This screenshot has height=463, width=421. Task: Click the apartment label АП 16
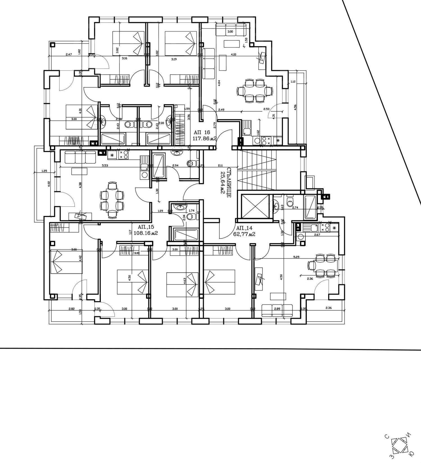pos(202,132)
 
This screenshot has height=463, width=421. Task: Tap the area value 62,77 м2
pos(244,234)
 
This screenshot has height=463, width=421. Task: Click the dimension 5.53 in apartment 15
pos(104,165)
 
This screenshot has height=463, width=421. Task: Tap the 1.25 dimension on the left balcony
pos(44,171)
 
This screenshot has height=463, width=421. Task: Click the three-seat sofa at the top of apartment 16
pos(231,30)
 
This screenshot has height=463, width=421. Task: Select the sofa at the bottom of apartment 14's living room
pos(277,311)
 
